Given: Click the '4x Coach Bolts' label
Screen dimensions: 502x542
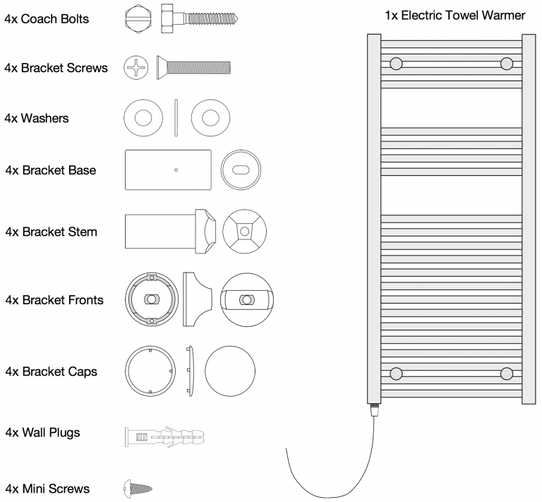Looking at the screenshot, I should point(47,18).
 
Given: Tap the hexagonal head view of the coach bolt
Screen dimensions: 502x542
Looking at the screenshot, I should point(135,18).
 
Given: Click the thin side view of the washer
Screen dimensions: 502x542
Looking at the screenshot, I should point(176,117).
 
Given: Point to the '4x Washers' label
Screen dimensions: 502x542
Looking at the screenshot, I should point(37,118).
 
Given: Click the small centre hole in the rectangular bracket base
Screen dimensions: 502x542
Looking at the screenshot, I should point(176,169).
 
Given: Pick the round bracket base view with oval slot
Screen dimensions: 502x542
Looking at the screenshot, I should point(239,170).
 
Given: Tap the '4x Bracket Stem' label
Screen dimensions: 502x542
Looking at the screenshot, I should point(51,232).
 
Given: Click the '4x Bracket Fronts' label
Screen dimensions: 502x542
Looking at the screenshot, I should point(54,300).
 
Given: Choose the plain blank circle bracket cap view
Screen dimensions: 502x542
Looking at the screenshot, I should point(229,371).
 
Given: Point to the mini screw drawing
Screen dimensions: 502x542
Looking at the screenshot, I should point(138,487).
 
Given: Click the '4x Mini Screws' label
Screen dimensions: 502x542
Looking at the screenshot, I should point(47,489).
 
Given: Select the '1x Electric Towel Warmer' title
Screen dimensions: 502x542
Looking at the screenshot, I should point(454,16).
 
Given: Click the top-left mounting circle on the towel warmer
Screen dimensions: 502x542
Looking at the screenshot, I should point(396,64).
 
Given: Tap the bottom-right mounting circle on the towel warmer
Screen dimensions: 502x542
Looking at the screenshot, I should point(506,373).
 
